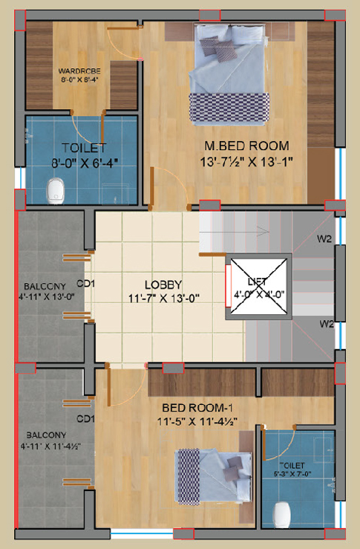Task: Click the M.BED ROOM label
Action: [x=246, y=146]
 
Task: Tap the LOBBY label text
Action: [x=163, y=285]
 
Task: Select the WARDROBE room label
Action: [x=79, y=71]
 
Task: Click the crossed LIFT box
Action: [x=258, y=287]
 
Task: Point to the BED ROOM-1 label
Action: [x=197, y=408]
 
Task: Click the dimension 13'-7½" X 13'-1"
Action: [x=246, y=162]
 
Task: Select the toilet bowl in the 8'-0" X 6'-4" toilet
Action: [x=55, y=191]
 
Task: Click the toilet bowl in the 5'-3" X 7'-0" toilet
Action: [x=281, y=515]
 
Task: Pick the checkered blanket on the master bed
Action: [x=229, y=108]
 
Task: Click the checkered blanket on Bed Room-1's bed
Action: [x=189, y=476]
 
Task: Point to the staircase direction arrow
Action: [x=263, y=232]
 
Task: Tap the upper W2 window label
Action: [x=324, y=239]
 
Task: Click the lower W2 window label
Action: [x=326, y=324]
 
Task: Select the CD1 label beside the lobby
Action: [x=85, y=283]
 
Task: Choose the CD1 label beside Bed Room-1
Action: [x=85, y=419]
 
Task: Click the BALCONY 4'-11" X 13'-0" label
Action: [x=46, y=292]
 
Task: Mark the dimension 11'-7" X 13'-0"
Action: [x=164, y=299]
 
